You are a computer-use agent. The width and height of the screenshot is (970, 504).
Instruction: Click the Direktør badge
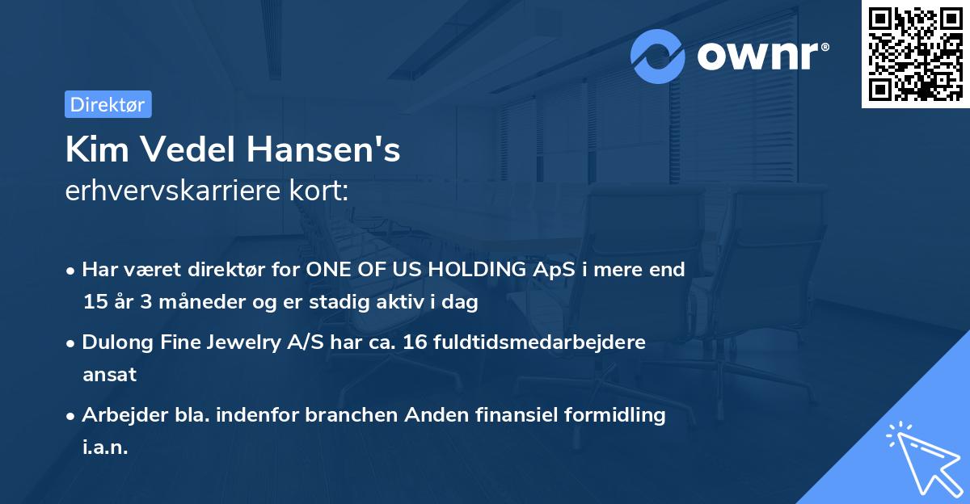coord(108,104)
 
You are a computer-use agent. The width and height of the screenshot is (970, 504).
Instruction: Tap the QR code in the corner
coord(916,53)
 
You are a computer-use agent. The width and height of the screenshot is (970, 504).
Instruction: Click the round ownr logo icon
coord(658,56)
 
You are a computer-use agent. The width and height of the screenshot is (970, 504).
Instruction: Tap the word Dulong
coord(118,342)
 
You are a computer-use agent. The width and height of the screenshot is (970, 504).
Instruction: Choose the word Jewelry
coord(243,342)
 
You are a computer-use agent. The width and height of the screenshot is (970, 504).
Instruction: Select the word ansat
coord(109,375)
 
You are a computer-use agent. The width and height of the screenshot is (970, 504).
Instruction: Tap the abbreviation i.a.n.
coord(105,447)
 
